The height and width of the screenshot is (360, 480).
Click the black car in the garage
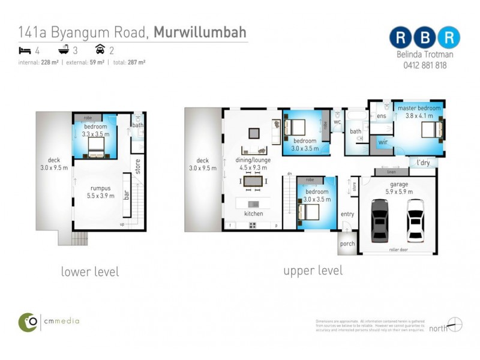(x=380, y=219)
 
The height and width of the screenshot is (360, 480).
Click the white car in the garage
(x=415, y=220)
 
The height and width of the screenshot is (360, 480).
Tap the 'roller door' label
(x=398, y=248)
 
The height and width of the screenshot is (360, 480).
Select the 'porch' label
(x=347, y=244)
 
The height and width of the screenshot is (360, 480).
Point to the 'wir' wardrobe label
(x=382, y=143)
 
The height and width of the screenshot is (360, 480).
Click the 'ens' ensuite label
(x=381, y=116)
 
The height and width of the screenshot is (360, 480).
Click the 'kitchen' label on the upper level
(x=253, y=214)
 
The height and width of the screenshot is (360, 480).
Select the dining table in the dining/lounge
(x=253, y=181)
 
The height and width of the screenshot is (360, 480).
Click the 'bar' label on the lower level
(x=127, y=196)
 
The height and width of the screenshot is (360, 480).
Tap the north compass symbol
(x=455, y=325)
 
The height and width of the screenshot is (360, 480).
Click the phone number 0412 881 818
(x=424, y=65)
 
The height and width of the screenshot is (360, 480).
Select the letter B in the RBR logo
(x=424, y=37)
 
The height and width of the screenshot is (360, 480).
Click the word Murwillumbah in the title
(x=200, y=32)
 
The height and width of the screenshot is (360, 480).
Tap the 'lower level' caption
(x=90, y=272)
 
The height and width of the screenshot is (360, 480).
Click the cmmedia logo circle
(x=28, y=322)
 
